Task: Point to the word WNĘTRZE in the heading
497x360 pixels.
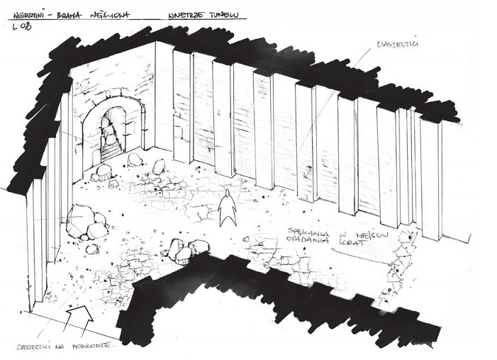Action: [186, 13]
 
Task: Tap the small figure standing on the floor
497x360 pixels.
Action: [227, 209]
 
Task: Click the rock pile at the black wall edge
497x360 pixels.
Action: [186, 249]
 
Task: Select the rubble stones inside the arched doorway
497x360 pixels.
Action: [111, 140]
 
